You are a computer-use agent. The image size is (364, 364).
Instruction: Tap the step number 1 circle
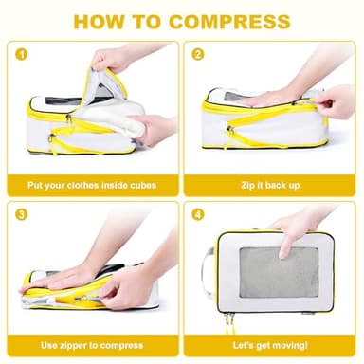coord(20,54)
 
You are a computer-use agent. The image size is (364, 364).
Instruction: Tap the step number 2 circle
coord(198,54)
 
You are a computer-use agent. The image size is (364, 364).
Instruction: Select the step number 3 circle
coord(20,214)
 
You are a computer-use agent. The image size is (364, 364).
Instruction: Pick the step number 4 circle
coord(198,214)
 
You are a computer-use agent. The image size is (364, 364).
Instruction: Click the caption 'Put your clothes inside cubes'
coord(91,184)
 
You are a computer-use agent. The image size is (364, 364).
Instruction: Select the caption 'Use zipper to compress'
coord(91,344)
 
